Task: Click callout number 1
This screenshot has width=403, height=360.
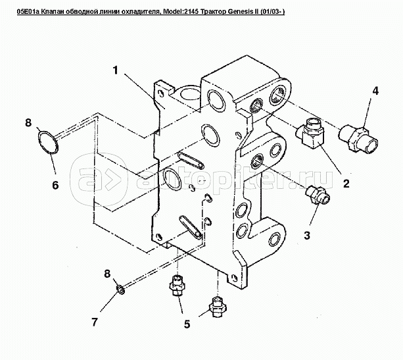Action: tap(116, 70)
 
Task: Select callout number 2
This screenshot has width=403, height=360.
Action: tap(346, 183)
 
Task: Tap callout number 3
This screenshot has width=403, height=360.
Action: tap(307, 235)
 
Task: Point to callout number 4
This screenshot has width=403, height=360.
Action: tap(375, 91)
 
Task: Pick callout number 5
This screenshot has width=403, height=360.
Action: tap(187, 324)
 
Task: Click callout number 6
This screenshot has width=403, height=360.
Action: tap(55, 185)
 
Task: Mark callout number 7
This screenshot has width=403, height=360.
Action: tap(95, 322)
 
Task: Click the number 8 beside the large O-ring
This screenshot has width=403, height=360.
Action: tap(28, 122)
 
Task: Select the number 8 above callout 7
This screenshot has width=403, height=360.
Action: tap(107, 274)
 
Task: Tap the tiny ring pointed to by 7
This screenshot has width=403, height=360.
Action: tap(121, 290)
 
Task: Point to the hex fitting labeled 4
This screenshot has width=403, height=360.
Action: tap(358, 138)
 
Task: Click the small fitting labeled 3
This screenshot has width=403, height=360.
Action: tap(318, 195)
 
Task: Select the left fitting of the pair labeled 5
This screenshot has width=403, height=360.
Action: tap(177, 286)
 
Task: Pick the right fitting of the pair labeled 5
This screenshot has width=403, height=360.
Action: tap(218, 307)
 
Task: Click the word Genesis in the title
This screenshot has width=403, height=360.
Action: tap(240, 12)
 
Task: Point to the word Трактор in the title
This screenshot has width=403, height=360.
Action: tap(215, 12)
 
